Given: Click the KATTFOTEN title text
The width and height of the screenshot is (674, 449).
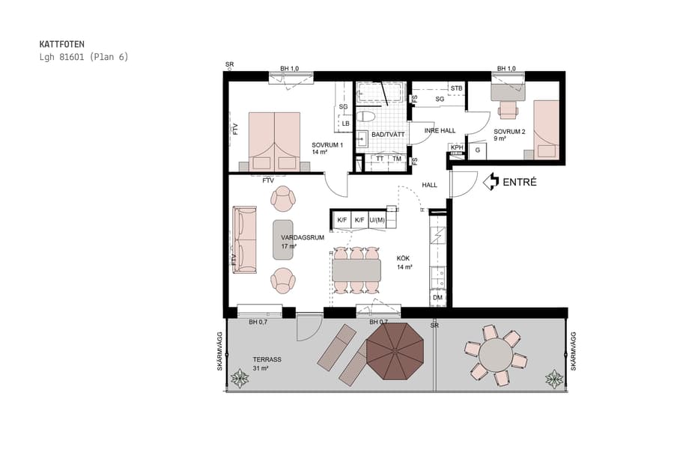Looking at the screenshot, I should pos(61,44).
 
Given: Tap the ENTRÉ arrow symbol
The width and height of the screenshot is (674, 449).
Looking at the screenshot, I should pos(491,181).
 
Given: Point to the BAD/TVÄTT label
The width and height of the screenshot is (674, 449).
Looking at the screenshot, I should pos(388,134).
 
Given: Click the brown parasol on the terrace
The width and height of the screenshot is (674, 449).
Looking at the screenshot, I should pos(395,349).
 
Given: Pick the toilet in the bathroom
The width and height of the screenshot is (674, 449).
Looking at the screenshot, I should pos(366,116).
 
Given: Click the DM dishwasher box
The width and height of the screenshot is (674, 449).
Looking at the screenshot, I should pos(437,299).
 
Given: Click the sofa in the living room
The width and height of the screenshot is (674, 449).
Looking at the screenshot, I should pos(245,239).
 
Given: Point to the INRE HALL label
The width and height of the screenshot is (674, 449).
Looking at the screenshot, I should pos(440,130).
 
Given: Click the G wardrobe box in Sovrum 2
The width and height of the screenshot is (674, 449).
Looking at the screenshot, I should pos(477,150).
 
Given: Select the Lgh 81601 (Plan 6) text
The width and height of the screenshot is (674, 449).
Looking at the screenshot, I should pos(84,57).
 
